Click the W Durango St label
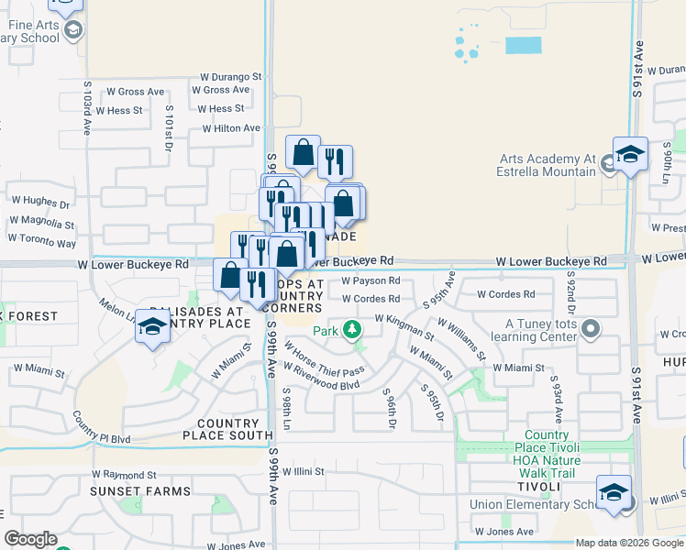coord(231,77)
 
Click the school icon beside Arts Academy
coord(630,155)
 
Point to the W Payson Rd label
coord(371,281)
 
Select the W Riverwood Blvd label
coord(321,377)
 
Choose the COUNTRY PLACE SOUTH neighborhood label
coord(228,434)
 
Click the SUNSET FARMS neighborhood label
coord(139,491)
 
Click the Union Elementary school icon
coord(614,493)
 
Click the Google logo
coord(30,539)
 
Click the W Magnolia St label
coord(42,222)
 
